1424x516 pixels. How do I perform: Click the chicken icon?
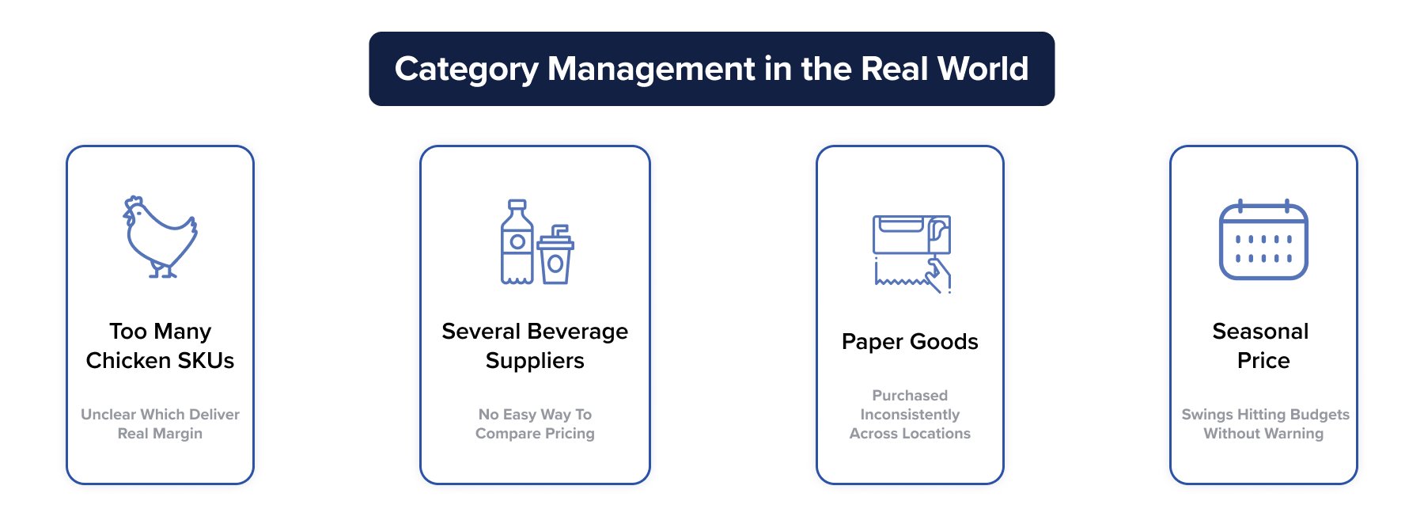(x=161, y=237)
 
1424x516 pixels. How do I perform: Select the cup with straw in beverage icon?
(x=555, y=258)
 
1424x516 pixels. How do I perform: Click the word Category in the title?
(x=466, y=70)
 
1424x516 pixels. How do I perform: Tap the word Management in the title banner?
(x=651, y=70)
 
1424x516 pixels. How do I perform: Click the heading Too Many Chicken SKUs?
(x=160, y=346)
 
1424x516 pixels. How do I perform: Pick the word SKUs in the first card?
(x=206, y=361)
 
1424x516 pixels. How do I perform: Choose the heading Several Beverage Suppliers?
(x=535, y=346)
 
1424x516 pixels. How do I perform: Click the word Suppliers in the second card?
(x=535, y=361)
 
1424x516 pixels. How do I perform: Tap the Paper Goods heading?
(x=910, y=342)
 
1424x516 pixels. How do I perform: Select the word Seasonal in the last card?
(x=1260, y=332)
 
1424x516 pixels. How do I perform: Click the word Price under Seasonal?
(x=1263, y=361)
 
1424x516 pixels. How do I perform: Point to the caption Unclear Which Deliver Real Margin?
(x=160, y=424)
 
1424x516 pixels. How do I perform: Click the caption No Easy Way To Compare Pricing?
(x=535, y=424)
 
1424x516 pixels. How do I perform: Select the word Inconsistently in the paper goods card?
(x=910, y=415)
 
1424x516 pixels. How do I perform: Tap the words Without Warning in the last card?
(x=1263, y=434)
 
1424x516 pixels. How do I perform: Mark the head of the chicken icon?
(x=134, y=210)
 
